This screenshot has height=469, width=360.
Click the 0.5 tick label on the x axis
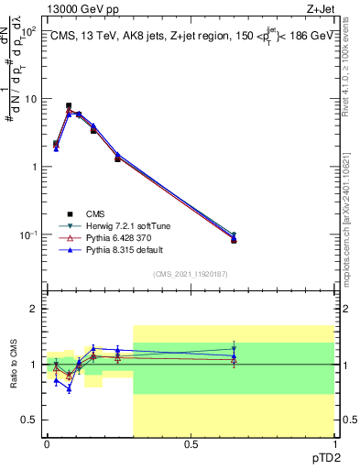point(191,443)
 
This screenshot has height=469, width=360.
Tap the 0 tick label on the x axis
point(47,443)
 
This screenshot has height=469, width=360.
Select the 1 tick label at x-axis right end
point(334,443)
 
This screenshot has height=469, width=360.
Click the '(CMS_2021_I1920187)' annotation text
point(190,273)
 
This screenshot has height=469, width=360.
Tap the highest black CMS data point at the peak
point(69,106)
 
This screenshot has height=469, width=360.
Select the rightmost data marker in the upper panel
point(234,238)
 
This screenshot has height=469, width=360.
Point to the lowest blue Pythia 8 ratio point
point(69,389)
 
